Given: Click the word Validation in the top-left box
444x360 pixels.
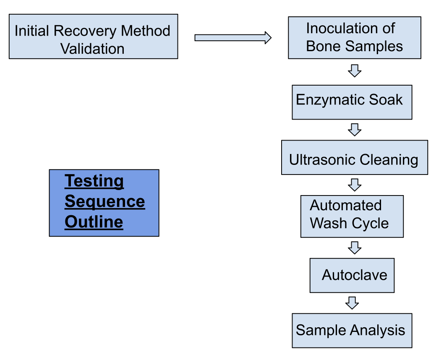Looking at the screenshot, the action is point(92,49).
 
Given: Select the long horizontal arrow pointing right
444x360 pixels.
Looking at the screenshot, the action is point(233,38).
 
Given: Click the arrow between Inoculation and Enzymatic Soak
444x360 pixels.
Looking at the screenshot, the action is point(355,71).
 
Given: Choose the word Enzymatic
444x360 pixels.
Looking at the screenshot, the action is point(326,100).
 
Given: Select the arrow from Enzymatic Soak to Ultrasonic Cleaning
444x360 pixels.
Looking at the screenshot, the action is point(355,130).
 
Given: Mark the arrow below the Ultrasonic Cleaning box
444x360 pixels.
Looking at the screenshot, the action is point(355,185).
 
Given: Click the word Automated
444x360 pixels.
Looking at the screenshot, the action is point(346,205).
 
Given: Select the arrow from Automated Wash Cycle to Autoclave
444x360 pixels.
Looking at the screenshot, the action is point(355,248).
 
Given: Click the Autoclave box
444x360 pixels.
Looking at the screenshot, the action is point(352,275).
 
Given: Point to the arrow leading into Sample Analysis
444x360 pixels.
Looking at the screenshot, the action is point(352,303).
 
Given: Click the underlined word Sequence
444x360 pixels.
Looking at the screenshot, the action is point(105,202).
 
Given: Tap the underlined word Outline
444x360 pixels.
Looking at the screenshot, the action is point(94,222).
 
